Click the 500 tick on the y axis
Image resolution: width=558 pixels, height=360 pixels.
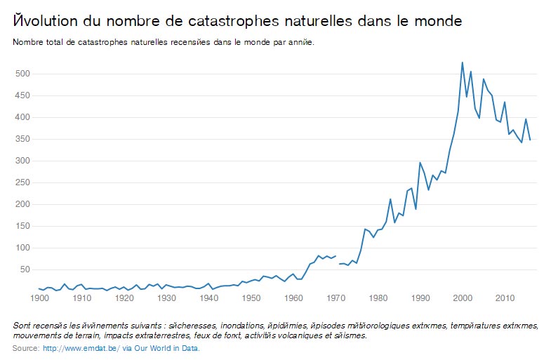tap(23, 74)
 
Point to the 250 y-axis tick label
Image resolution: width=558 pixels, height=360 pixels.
tap(23, 182)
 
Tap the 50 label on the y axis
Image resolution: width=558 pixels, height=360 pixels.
tap(26, 269)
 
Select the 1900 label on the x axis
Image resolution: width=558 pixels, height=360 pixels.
tap(40, 298)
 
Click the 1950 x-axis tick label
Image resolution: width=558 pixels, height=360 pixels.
tap(251, 298)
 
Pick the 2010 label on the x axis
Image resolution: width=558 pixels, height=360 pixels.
tap(505, 298)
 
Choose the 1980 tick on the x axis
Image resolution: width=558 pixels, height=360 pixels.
tap(378, 298)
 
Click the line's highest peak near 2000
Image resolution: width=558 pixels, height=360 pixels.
tap(462, 62)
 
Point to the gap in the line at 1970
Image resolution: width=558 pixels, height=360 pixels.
tap(338, 260)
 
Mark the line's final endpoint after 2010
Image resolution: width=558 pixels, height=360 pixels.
tap(530, 140)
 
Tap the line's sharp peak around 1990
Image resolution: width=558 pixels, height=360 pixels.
tap(420, 163)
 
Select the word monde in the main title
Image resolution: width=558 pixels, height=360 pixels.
tap(439, 22)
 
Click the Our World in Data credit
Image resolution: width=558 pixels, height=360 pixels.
tap(164, 348)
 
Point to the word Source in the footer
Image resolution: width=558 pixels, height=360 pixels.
tap(25, 348)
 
